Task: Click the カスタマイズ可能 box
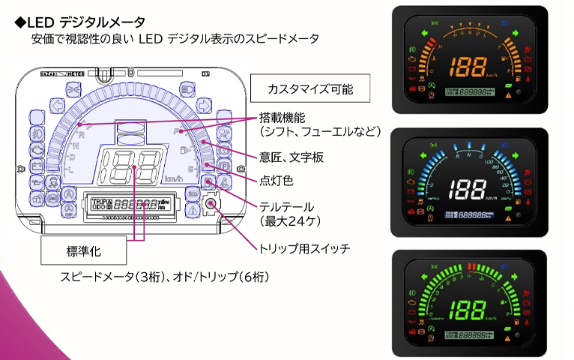pos(310,89)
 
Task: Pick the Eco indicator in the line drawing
pos(193,193)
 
